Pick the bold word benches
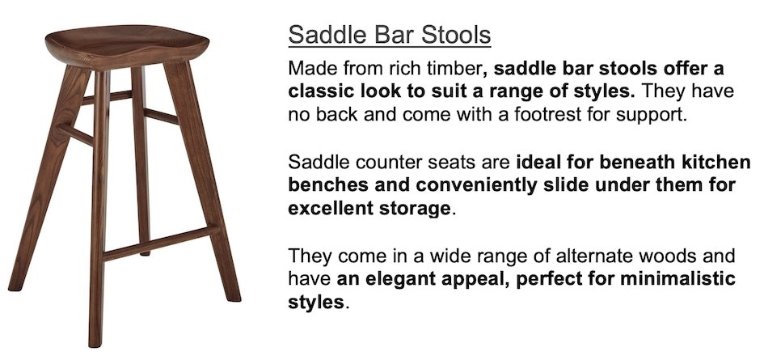click(x=323, y=185)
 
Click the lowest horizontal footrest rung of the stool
click(x=161, y=243)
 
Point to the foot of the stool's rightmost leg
click(x=233, y=296)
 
